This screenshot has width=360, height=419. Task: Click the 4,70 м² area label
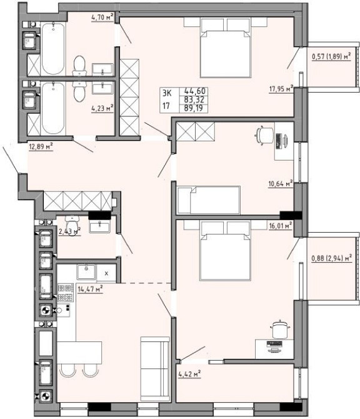[x=102, y=18]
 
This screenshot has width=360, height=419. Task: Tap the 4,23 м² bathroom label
[x=102, y=108]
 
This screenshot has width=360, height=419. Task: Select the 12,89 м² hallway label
[x=41, y=146]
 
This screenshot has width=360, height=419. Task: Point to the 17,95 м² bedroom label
[x=281, y=89]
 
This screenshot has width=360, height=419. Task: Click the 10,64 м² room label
[x=281, y=184]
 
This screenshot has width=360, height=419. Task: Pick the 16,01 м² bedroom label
[x=281, y=226]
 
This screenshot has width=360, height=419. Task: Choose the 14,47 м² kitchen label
[x=90, y=289]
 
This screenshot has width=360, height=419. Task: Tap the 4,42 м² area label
[x=189, y=374]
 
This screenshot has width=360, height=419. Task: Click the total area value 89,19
[x=193, y=108]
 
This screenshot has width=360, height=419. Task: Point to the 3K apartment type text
[x=167, y=93]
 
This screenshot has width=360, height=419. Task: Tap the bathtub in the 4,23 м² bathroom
[x=53, y=108]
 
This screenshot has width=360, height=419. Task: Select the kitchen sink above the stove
[x=86, y=272]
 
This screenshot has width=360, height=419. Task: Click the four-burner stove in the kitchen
[x=66, y=293]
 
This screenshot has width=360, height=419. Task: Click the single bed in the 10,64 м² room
[x=209, y=200]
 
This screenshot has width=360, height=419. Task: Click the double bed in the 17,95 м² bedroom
[x=226, y=48]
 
